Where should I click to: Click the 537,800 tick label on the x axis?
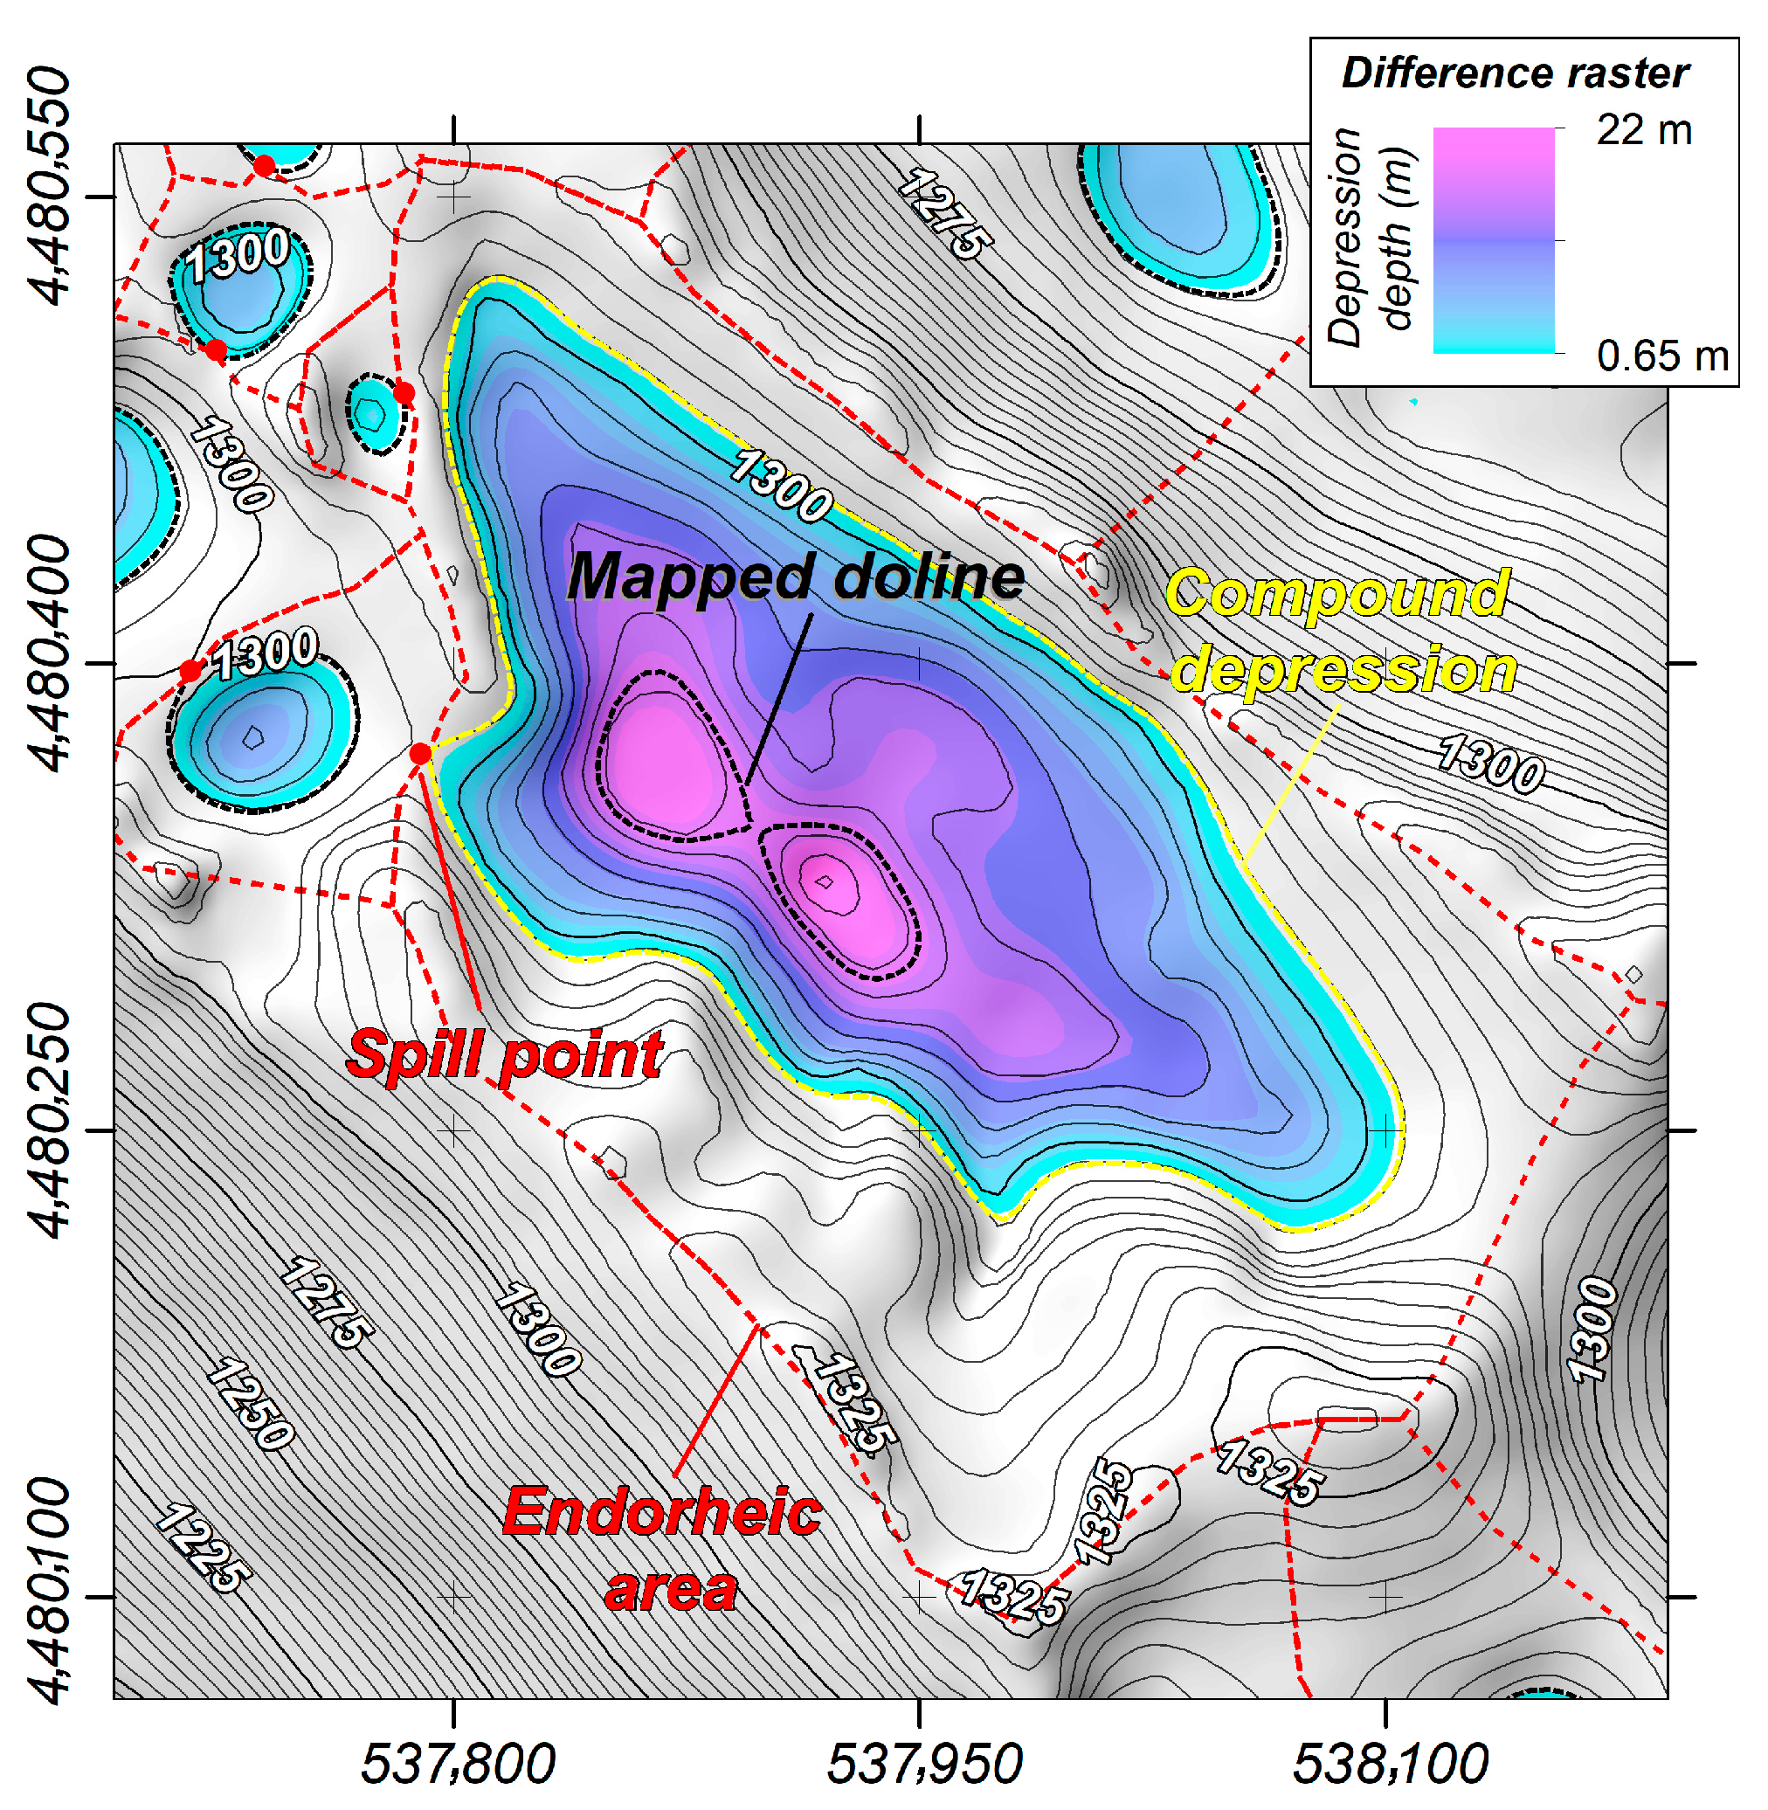pos(458,1764)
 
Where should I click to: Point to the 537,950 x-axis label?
pos(924,1764)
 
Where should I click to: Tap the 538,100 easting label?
pos(1390,1764)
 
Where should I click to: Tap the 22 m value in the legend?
pos(1644,130)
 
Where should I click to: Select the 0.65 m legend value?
pos(1662,356)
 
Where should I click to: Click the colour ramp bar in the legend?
pos(1493,239)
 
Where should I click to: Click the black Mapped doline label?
pos(796,577)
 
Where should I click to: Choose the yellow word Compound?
pos(1337,594)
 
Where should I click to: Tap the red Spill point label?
pos(504,1055)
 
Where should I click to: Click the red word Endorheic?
pos(662,1513)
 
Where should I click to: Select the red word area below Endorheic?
pos(671,1590)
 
